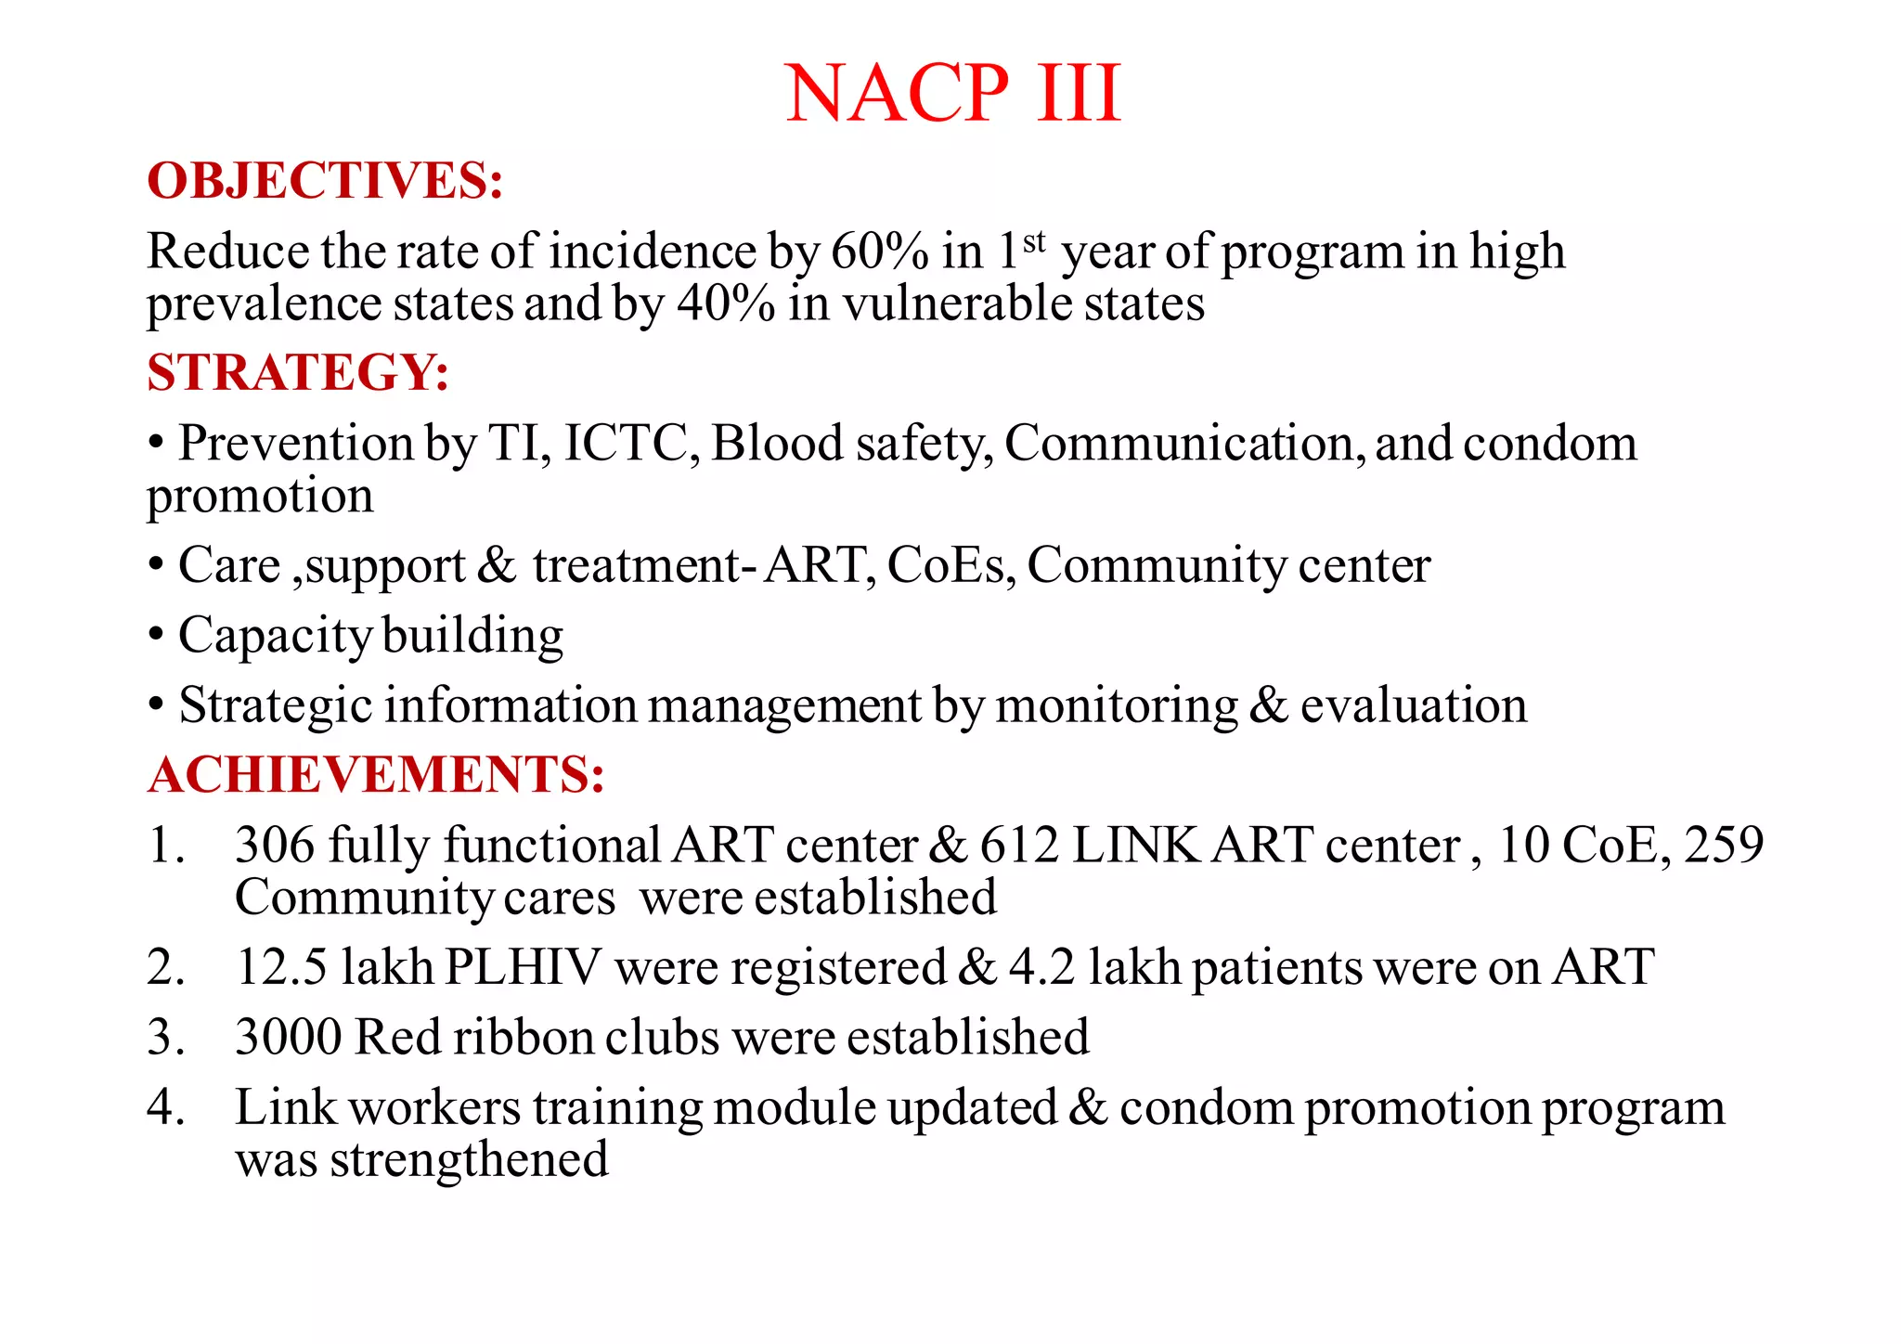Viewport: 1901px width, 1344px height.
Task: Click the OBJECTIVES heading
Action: coord(325,180)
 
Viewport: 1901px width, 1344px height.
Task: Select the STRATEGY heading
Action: coord(298,372)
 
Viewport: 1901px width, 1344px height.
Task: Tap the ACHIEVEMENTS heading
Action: coord(376,774)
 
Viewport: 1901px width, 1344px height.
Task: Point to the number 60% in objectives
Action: coord(878,252)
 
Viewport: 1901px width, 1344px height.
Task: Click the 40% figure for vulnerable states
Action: coord(725,304)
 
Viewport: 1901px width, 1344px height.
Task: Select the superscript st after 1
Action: coord(1034,242)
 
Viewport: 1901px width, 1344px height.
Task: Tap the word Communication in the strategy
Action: coord(1184,443)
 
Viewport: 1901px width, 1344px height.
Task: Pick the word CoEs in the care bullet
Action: coord(950,565)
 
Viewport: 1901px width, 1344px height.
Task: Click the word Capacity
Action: coord(275,637)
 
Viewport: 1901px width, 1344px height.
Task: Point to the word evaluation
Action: coord(1413,705)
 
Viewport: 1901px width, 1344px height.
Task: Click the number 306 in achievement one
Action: coord(275,846)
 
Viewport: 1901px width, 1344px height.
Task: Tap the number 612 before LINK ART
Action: coord(1019,846)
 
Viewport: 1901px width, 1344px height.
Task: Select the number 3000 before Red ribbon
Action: coord(289,1037)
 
